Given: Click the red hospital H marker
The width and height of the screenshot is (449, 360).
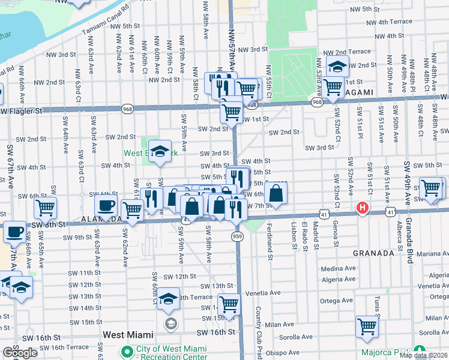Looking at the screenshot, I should [362, 208].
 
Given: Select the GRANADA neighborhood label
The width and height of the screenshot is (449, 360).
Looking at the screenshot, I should [373, 253].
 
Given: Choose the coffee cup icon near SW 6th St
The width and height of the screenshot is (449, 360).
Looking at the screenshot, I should [106, 205].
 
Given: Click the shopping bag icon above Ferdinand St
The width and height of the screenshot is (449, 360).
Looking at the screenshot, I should [276, 193].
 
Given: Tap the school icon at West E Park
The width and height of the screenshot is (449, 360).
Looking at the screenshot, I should [160, 151].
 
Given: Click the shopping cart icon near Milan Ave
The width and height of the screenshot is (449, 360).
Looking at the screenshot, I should [367, 327].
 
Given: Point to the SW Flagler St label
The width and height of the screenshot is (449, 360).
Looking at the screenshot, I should [21, 111].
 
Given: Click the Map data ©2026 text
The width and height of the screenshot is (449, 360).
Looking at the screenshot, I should [423, 355].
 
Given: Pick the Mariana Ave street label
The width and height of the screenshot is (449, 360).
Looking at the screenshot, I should [432, 254].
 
